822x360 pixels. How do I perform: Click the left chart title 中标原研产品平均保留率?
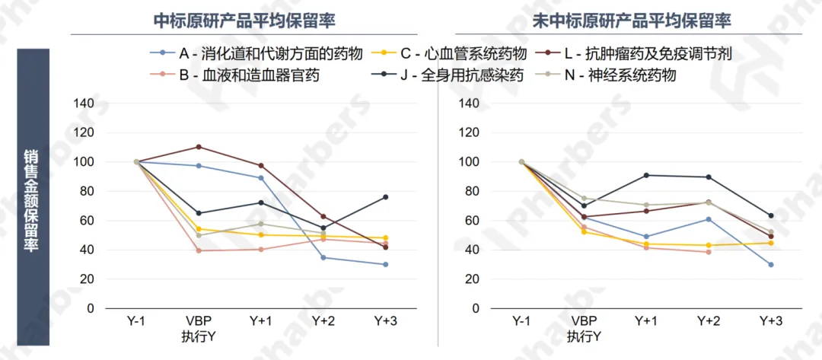point(244,20)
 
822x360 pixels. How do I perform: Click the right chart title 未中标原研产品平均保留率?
point(633,20)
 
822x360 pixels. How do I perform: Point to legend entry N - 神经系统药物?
point(616,75)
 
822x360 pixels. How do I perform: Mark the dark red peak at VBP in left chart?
point(199,147)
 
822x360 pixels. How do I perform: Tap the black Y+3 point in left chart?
point(386,197)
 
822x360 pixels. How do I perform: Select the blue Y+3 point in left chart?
point(386,264)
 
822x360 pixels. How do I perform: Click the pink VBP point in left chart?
point(199,250)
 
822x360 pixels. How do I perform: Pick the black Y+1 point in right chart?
point(646,175)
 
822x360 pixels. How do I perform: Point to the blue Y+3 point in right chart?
point(771,264)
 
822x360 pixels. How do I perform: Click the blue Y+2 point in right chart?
point(709,219)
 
